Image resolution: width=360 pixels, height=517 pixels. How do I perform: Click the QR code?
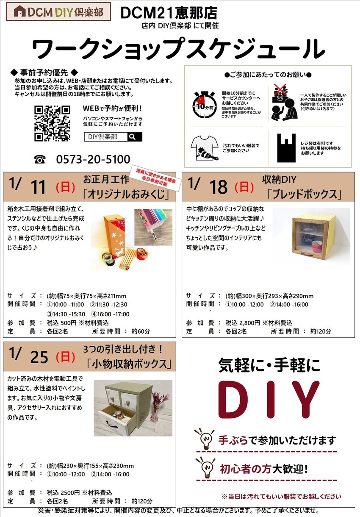tap(53, 123)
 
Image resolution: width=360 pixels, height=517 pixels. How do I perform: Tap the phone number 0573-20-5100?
tap(93, 159)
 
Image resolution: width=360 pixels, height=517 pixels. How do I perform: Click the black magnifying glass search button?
tap(135, 137)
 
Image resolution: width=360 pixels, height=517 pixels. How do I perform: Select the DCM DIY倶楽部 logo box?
tap(58, 11)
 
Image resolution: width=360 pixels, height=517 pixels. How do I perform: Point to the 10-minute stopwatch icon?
tap(205, 105)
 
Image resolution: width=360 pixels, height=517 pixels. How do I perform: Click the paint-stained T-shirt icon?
tap(205, 148)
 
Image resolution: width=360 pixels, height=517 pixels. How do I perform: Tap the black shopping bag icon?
tap(286, 148)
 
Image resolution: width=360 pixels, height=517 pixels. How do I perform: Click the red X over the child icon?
tap(280, 90)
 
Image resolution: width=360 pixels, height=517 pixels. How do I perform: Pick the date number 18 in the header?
tap(218, 187)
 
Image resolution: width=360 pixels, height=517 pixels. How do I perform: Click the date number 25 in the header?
tap(39, 357)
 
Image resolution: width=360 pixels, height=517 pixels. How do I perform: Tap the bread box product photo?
tap(311, 236)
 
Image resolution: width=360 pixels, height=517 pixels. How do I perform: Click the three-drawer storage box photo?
tap(133, 408)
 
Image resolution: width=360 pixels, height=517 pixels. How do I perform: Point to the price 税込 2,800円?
tap(243, 322)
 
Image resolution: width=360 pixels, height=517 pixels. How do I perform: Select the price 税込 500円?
tap(61, 322)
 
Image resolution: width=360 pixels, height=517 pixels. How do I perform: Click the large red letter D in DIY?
tap(233, 400)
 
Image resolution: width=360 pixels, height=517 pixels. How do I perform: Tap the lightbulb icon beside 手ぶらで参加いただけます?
tap(205, 439)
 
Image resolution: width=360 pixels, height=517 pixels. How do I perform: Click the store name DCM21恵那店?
tap(169, 13)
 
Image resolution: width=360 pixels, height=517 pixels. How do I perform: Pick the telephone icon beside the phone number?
tap(40, 159)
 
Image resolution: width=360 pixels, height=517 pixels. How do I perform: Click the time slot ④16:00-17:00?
tap(110, 314)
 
